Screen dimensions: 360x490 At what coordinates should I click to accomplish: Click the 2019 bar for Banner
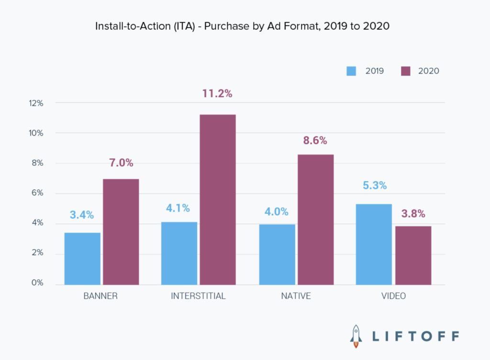[x=82, y=258]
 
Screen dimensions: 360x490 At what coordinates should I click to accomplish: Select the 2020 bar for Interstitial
[x=217, y=199]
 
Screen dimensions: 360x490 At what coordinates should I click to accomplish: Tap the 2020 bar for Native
[x=315, y=219]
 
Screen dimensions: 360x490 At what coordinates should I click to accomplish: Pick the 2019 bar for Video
[x=374, y=244]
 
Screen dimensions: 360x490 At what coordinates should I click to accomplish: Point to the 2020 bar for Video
[x=412, y=255]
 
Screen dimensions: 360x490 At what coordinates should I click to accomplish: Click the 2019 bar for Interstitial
[x=179, y=253]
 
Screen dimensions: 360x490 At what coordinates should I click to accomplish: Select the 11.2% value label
[x=217, y=94]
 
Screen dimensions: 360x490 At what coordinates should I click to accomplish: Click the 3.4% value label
[x=82, y=215]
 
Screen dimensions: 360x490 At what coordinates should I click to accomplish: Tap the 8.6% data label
[x=315, y=141]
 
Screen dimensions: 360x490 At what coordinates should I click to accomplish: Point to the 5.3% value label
[x=375, y=185]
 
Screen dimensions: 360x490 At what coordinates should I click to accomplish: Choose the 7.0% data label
[x=121, y=163]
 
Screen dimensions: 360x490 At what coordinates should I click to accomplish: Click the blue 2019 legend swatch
[x=352, y=71]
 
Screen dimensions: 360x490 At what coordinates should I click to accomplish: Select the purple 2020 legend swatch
[x=405, y=71]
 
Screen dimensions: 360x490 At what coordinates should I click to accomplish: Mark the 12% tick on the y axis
[x=36, y=103]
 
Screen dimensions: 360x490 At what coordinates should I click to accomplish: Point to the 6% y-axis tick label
[x=38, y=193]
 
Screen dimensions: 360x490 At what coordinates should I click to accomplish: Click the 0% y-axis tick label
[x=38, y=283]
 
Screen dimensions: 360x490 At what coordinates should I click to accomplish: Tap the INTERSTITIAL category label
[x=198, y=296]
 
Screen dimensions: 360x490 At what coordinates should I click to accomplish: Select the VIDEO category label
[x=393, y=296]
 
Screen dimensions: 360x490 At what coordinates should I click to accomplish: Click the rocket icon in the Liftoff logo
[x=356, y=336]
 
